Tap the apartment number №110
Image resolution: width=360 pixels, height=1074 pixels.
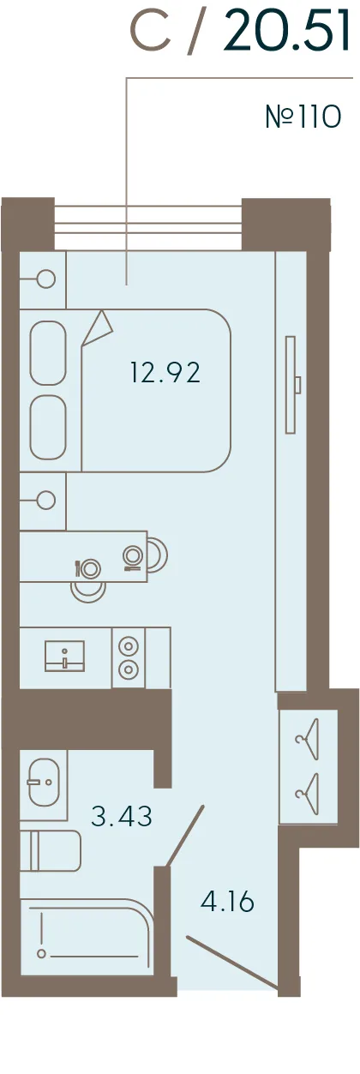click(x=303, y=117)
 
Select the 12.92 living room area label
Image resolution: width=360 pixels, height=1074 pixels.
click(x=165, y=373)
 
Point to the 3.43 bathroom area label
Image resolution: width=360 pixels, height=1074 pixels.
click(x=122, y=815)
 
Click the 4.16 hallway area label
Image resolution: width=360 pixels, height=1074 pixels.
click(x=227, y=902)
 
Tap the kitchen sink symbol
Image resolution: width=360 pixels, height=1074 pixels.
click(x=64, y=656)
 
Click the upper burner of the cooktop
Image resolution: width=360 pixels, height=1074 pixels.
click(x=128, y=645)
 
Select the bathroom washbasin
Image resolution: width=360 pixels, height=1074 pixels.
click(x=44, y=782)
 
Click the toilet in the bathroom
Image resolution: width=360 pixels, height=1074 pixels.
click(x=50, y=851)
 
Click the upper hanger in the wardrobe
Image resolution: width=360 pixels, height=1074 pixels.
click(x=308, y=739)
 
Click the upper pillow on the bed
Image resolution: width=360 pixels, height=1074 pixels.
click(x=47, y=352)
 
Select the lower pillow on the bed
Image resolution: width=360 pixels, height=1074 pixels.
click(x=47, y=427)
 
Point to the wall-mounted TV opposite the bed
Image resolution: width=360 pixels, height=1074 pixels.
click(x=291, y=385)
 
